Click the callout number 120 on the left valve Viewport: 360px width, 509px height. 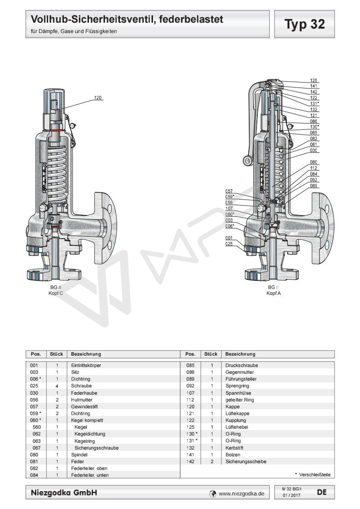point(98,98)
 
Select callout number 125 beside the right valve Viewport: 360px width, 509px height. point(314,80)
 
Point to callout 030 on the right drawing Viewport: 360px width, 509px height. point(314,150)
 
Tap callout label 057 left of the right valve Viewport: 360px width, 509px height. point(229,191)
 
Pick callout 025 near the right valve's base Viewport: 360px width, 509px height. point(229,244)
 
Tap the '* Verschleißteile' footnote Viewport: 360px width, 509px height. point(312,475)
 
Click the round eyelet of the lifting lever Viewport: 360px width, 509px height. point(247,160)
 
